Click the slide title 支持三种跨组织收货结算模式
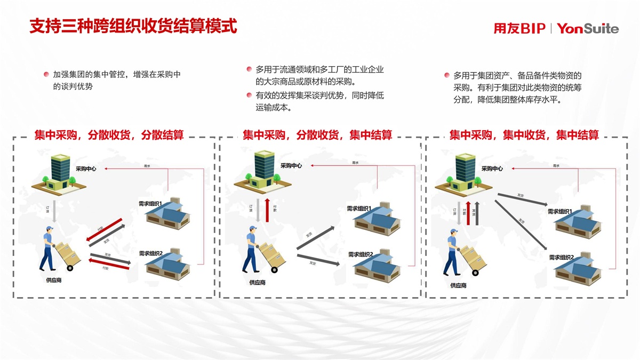coord(133,26)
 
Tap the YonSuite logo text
coord(588,29)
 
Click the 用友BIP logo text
coord(519,29)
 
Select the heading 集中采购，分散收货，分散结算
coord(109,135)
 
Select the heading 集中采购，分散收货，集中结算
coord(317,135)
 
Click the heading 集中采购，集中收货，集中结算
coord(524,135)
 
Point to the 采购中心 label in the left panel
coord(86,169)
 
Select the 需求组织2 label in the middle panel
coord(361,254)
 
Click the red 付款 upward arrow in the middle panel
coord(267,210)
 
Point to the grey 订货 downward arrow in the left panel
coord(54,210)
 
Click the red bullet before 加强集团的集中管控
coord(47,75)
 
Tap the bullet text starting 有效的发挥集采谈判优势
coord(319,101)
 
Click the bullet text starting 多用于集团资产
coord(517,87)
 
